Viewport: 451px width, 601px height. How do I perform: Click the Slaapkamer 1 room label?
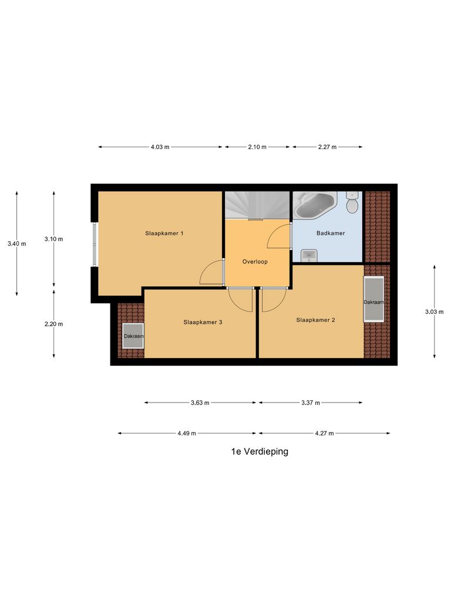[164, 234]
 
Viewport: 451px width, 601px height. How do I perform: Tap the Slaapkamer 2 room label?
[315, 320]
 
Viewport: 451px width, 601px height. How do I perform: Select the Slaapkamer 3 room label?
[203, 322]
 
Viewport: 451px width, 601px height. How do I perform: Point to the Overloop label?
[255, 262]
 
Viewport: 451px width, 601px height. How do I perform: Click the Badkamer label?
[331, 234]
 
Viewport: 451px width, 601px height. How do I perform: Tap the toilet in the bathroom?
[352, 203]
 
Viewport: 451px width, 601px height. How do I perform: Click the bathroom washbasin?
[308, 255]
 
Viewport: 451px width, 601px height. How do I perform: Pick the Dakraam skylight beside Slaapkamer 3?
[133, 336]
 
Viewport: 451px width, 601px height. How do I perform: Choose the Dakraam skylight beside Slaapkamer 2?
[373, 300]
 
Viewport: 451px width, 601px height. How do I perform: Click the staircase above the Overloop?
[257, 205]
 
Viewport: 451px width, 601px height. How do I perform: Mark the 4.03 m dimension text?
[160, 147]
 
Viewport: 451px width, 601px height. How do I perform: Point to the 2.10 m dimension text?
[257, 147]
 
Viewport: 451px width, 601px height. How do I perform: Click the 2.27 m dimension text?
[327, 147]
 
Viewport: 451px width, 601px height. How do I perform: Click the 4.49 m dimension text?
[187, 434]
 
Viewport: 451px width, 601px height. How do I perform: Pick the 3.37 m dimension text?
[310, 403]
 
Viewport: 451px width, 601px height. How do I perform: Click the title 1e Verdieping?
[260, 452]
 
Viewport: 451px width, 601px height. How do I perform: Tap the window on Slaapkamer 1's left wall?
[94, 244]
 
